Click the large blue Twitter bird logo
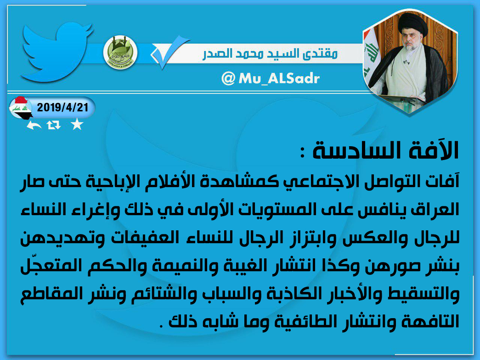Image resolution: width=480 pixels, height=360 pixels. [x=55, y=52]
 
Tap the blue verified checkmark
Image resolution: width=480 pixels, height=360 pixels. [x=170, y=51]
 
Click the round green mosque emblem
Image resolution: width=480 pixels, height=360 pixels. [x=120, y=52]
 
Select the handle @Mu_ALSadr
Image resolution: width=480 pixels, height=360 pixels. [x=271, y=79]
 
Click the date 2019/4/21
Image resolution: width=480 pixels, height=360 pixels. [x=62, y=108]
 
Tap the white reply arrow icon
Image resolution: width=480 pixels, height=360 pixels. [x=34, y=125]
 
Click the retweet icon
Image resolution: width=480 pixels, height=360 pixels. [x=54, y=125]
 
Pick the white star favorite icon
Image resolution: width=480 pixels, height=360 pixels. [x=77, y=125]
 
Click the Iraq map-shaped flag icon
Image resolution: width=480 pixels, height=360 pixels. [x=20, y=108]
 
